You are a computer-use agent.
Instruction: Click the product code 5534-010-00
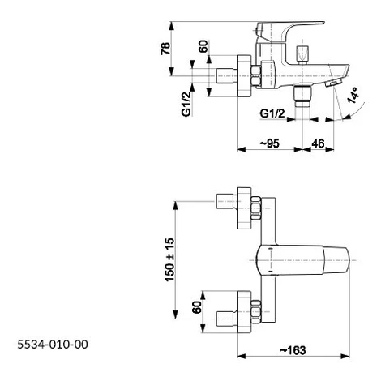[53, 345]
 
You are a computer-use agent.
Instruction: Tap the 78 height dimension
[165, 49]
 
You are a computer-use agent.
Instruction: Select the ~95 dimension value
[270, 143]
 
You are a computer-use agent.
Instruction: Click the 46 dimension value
[318, 143]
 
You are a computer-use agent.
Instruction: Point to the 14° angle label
[354, 95]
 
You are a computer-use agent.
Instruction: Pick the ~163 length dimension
[293, 350]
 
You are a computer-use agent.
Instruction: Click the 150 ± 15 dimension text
[170, 259]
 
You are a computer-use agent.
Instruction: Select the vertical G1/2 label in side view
[186, 105]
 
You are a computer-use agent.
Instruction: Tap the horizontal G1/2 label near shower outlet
[272, 113]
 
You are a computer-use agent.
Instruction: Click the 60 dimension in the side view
[203, 46]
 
